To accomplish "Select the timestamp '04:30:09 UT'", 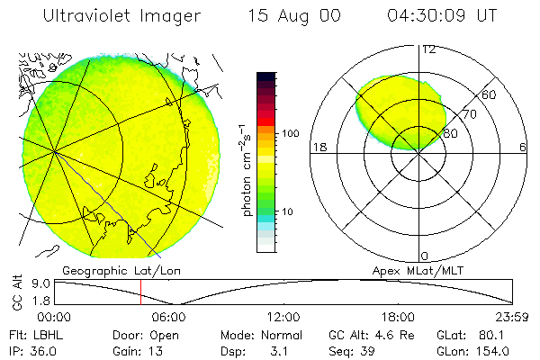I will click(x=444, y=15).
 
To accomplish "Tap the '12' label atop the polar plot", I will click(x=428, y=49).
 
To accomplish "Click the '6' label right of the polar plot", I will click(x=522, y=147).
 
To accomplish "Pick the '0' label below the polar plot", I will click(x=425, y=256).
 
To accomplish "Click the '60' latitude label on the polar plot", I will click(x=489, y=94).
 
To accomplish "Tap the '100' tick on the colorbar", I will click(x=290, y=133).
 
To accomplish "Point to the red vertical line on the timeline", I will click(x=140, y=292).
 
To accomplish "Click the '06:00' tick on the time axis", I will click(x=168, y=317).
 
